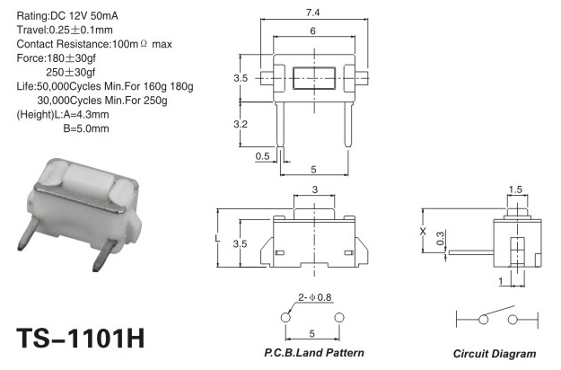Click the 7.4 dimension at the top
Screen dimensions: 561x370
312,13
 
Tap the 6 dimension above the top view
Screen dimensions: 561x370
312,31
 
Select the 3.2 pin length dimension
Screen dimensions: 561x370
241,124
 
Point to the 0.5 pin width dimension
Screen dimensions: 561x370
262,156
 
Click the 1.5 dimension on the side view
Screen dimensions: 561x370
515,189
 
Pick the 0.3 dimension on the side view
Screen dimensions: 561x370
441,238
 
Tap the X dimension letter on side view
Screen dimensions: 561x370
423,232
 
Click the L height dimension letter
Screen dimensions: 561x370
217,238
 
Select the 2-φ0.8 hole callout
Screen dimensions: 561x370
315,297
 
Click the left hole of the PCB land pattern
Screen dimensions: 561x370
285,317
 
